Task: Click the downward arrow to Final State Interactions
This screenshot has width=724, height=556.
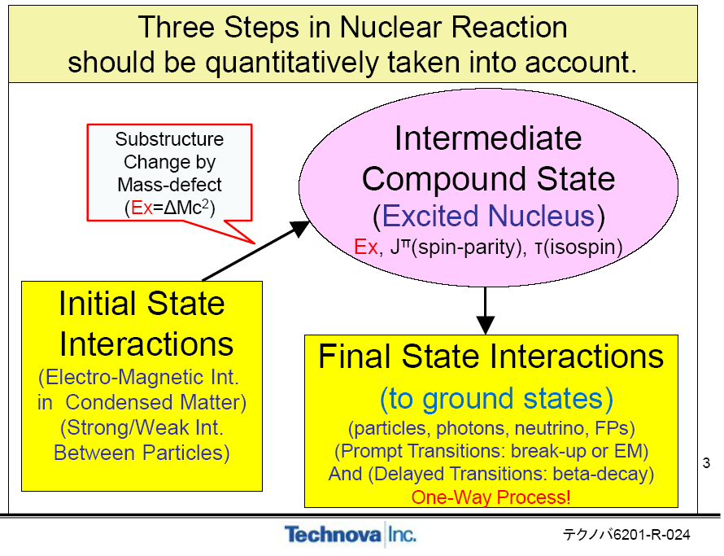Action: [x=485, y=309]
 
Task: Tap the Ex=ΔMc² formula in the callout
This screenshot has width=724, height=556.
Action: [x=169, y=208]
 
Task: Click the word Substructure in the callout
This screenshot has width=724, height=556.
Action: [x=169, y=138]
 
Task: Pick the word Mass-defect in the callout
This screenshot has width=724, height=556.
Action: [x=169, y=185]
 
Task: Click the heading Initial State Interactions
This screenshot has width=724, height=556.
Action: [x=142, y=323]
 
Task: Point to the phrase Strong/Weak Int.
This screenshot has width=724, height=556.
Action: [x=142, y=427]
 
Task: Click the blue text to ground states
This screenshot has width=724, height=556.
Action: [x=495, y=398]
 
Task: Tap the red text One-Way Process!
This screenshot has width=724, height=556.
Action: [x=491, y=497]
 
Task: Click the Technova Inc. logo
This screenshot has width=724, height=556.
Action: [x=350, y=535]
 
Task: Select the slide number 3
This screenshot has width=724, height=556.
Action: [x=706, y=464]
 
